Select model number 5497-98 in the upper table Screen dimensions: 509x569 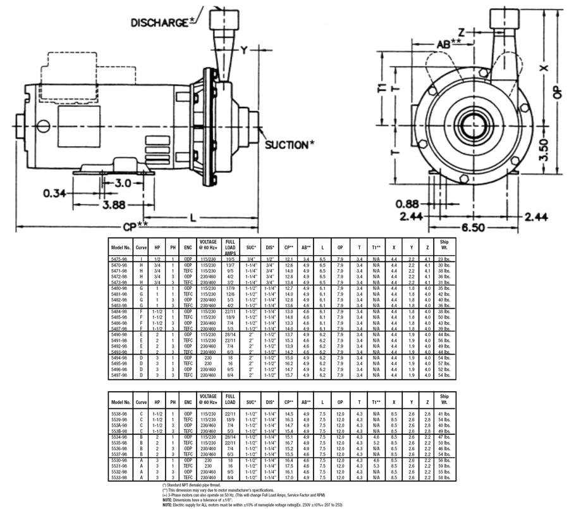tap(121, 375)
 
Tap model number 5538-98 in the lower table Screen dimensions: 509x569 tap(121, 413)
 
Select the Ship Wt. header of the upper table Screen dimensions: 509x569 tap(444, 246)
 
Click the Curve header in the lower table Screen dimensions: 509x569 tap(142, 401)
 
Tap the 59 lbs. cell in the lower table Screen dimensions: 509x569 tap(444, 466)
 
